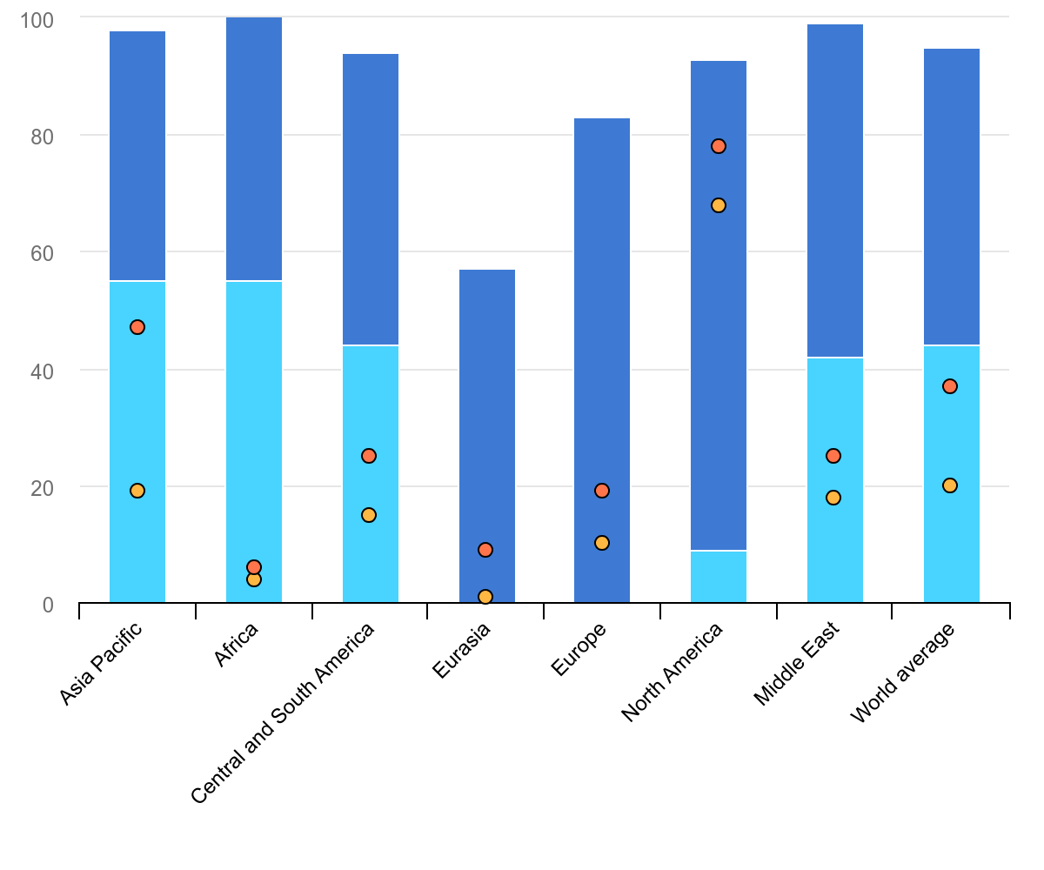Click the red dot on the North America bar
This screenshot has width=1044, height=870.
719,146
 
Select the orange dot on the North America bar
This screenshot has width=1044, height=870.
719,205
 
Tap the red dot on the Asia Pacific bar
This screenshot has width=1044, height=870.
137,327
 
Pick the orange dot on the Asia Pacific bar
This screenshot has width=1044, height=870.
137,491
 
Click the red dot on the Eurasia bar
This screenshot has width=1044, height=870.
485,550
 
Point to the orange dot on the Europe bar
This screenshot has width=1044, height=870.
602,543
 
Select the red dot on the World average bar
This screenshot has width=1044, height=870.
950,386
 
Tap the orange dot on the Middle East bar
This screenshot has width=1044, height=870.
833,498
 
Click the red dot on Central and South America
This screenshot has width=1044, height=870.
369,456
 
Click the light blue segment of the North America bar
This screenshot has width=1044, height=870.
719,576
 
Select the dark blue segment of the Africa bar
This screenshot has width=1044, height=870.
254,148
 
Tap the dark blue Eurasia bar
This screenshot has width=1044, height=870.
487,391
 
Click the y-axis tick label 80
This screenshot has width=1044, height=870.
42,137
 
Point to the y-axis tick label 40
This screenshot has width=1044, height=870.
42,371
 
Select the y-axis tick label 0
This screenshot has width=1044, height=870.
48,605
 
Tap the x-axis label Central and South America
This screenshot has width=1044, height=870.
283,713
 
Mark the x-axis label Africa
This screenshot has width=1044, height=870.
237,644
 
